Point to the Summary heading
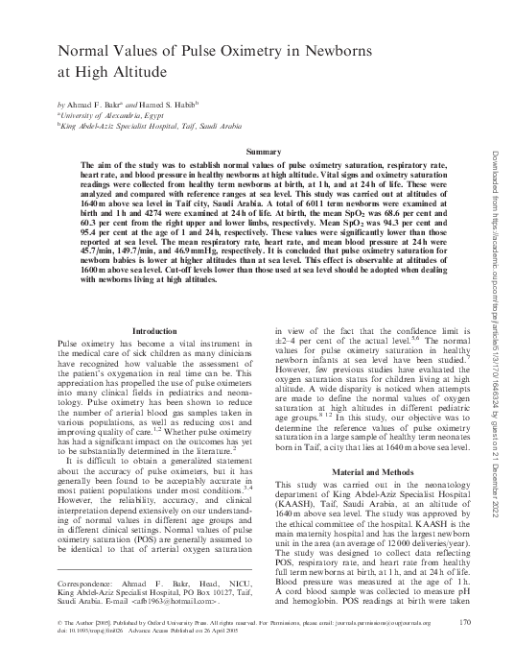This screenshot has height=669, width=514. (x=263, y=153)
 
